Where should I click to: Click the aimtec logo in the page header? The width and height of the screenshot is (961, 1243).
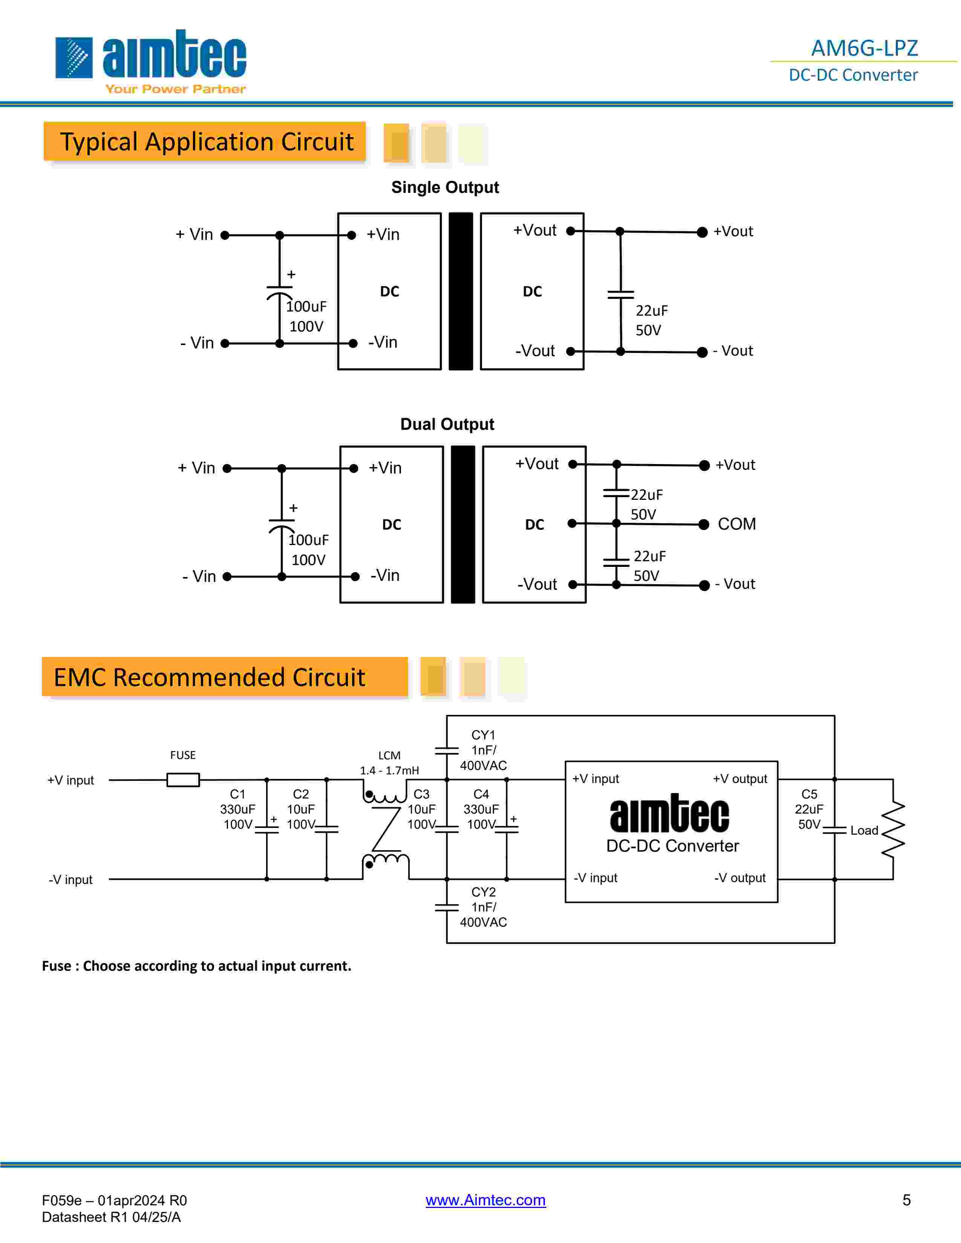(x=151, y=61)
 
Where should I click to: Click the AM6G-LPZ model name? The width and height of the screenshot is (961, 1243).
(x=864, y=48)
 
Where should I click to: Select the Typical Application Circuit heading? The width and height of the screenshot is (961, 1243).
(x=207, y=142)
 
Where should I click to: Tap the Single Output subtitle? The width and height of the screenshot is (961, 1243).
(x=445, y=187)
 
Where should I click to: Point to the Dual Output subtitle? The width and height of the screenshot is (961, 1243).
(x=447, y=424)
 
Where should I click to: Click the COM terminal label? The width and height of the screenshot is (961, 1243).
(x=737, y=524)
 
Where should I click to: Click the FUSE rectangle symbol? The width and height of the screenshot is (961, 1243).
(x=183, y=780)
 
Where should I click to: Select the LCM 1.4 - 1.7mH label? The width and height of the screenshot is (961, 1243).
(x=389, y=763)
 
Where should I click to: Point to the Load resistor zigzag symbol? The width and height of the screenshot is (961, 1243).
(x=893, y=829)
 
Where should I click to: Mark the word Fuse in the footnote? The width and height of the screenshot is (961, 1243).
(x=57, y=966)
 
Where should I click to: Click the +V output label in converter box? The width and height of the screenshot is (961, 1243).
(x=739, y=779)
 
